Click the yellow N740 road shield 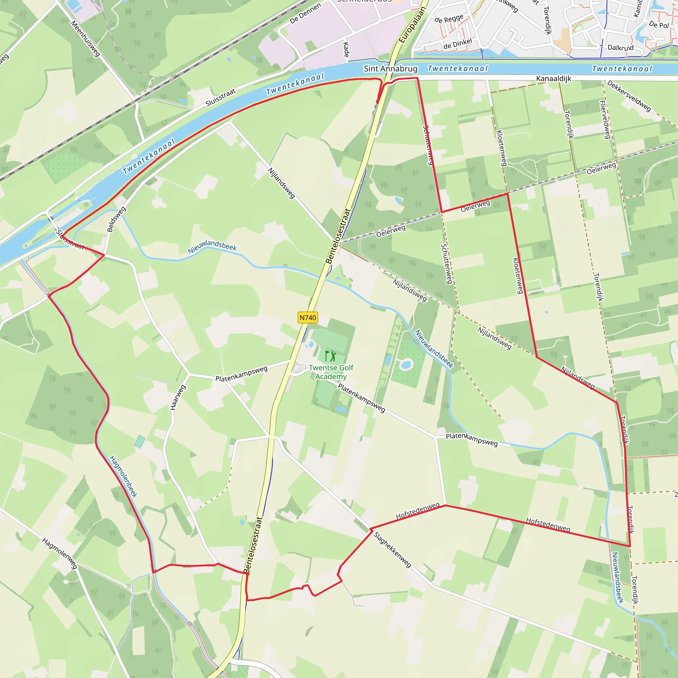[308, 317]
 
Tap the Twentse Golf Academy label [331, 372]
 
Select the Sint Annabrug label [391, 69]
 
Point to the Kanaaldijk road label [554, 78]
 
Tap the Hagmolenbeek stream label [123, 477]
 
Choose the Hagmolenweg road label [59, 554]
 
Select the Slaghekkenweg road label [392, 550]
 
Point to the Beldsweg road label [116, 219]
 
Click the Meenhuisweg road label [85, 39]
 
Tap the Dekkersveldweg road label [629, 96]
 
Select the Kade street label [346, 50]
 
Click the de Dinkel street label [458, 44]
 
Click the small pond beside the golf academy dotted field [406, 364]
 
